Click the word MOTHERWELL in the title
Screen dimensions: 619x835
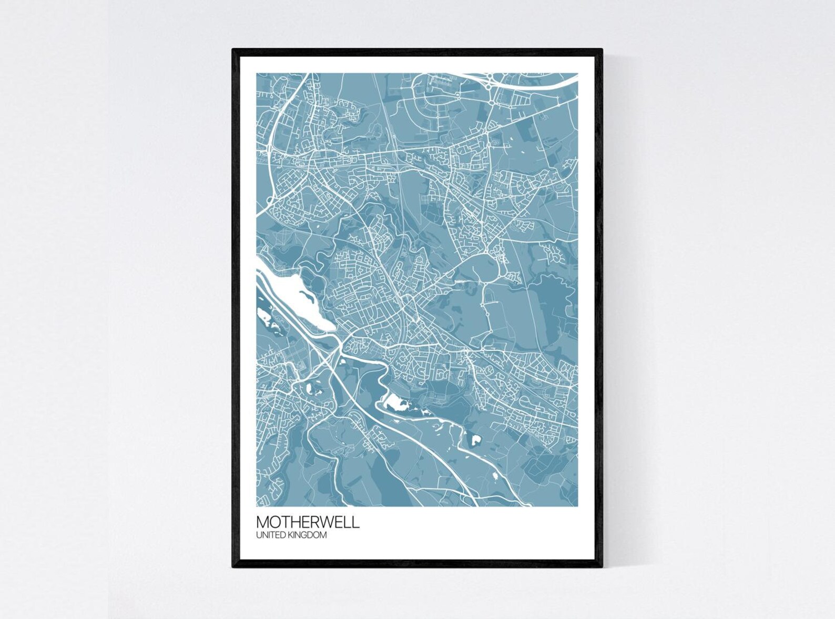pyautogui.click(x=308, y=522)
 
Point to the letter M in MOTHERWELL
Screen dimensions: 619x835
pyautogui.click(x=262, y=522)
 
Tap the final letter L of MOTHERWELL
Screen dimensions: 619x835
pyautogui.click(x=357, y=522)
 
